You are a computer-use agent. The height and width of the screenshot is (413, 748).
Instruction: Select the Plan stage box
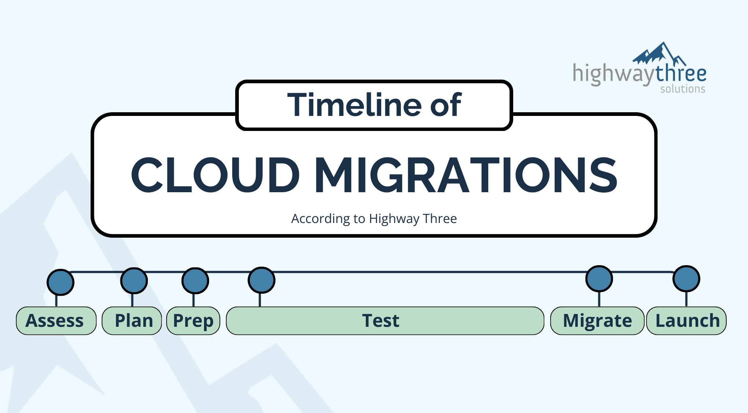(132, 321)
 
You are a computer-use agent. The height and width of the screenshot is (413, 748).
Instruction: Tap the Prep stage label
(193, 321)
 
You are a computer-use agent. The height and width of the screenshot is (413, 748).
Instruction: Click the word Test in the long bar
(381, 321)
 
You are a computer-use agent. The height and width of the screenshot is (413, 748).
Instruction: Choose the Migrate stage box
(597, 321)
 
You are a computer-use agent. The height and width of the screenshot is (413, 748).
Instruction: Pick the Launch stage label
(687, 321)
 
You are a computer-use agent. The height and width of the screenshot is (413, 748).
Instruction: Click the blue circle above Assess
(61, 282)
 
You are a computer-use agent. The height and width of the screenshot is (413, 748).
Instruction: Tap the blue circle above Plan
(134, 281)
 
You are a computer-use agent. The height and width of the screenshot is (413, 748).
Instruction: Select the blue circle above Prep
(195, 281)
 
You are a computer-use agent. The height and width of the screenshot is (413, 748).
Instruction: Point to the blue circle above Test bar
(261, 280)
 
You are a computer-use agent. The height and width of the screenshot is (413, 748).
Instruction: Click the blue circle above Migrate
(599, 278)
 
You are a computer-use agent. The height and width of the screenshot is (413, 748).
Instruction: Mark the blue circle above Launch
(686, 278)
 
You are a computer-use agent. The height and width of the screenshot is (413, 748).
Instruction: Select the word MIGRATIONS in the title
(466, 175)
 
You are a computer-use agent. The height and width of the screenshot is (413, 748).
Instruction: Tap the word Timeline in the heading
(354, 105)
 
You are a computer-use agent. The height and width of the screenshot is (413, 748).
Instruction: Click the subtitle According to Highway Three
(374, 219)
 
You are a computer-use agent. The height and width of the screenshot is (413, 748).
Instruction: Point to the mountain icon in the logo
(658, 54)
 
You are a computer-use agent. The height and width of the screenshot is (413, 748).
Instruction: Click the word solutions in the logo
(683, 89)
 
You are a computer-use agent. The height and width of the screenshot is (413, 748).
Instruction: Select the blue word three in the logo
(681, 73)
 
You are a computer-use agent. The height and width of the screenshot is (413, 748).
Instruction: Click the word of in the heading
(445, 105)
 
